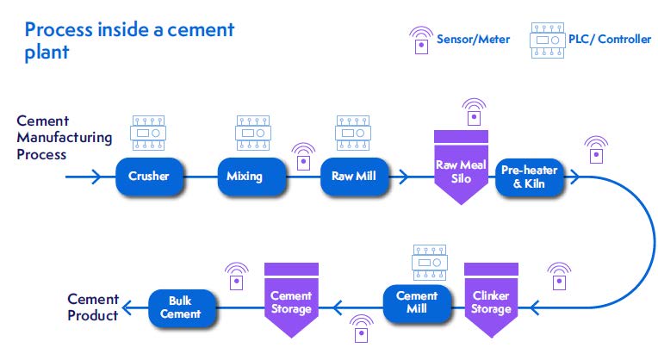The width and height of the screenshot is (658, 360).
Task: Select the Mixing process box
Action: [251, 177]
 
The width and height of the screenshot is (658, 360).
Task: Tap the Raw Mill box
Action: [353, 177]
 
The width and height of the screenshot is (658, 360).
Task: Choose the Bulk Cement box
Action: [180, 307]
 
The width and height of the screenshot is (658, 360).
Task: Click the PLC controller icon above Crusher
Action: [149, 133]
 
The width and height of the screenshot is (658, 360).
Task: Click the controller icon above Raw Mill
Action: [353, 133]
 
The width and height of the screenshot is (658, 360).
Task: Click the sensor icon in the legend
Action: [420, 40]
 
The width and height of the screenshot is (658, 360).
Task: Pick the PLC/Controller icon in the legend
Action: [547, 40]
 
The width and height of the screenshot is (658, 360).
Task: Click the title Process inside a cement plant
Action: [129, 40]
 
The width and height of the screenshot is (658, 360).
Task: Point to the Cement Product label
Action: [93, 307]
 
